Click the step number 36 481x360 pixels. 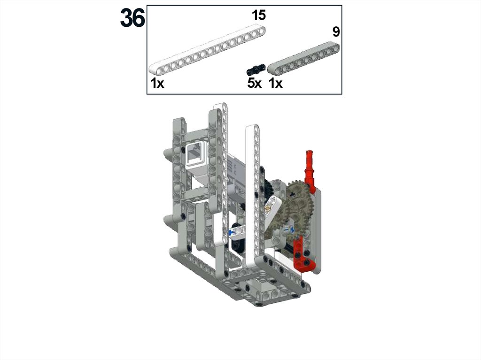click(132, 18)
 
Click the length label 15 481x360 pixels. click(259, 15)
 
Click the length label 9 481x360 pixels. click(336, 32)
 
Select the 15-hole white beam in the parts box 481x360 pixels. click(207, 51)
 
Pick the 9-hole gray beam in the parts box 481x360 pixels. click(303, 59)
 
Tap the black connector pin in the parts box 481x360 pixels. click(256, 69)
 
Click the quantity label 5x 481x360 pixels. click(254, 83)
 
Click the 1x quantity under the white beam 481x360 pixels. click(157, 83)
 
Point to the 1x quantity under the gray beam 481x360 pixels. click(275, 83)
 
